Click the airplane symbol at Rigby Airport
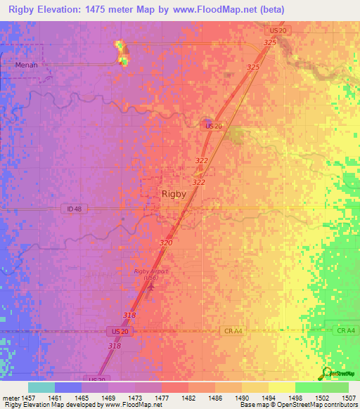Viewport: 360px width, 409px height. point(149,287)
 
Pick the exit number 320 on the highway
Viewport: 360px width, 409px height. point(166,242)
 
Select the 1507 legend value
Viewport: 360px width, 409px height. point(349,398)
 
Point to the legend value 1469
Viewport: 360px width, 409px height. point(109,398)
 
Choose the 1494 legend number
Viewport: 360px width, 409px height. point(269,398)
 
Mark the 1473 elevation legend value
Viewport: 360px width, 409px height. point(136,398)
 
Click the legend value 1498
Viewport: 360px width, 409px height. point(296,398)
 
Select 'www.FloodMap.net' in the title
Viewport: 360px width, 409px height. point(199,9)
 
